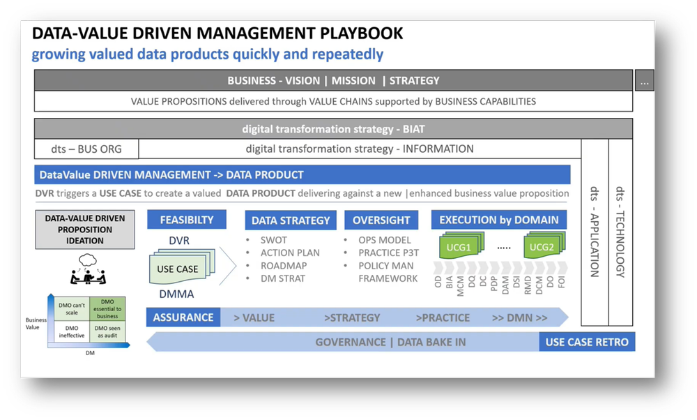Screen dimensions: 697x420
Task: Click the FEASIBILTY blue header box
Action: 186,219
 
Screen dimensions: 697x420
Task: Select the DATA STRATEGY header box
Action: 291,220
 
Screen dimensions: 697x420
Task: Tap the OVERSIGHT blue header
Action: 381,220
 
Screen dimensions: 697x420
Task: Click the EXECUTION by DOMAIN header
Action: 498,220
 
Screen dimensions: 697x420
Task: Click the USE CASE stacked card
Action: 178,269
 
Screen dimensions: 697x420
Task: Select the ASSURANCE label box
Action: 183,317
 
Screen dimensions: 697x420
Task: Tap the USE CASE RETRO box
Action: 587,342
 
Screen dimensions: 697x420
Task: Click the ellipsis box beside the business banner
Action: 644,81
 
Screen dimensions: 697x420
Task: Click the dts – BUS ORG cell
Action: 86,149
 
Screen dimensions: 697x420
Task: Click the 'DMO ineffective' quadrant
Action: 71,331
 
